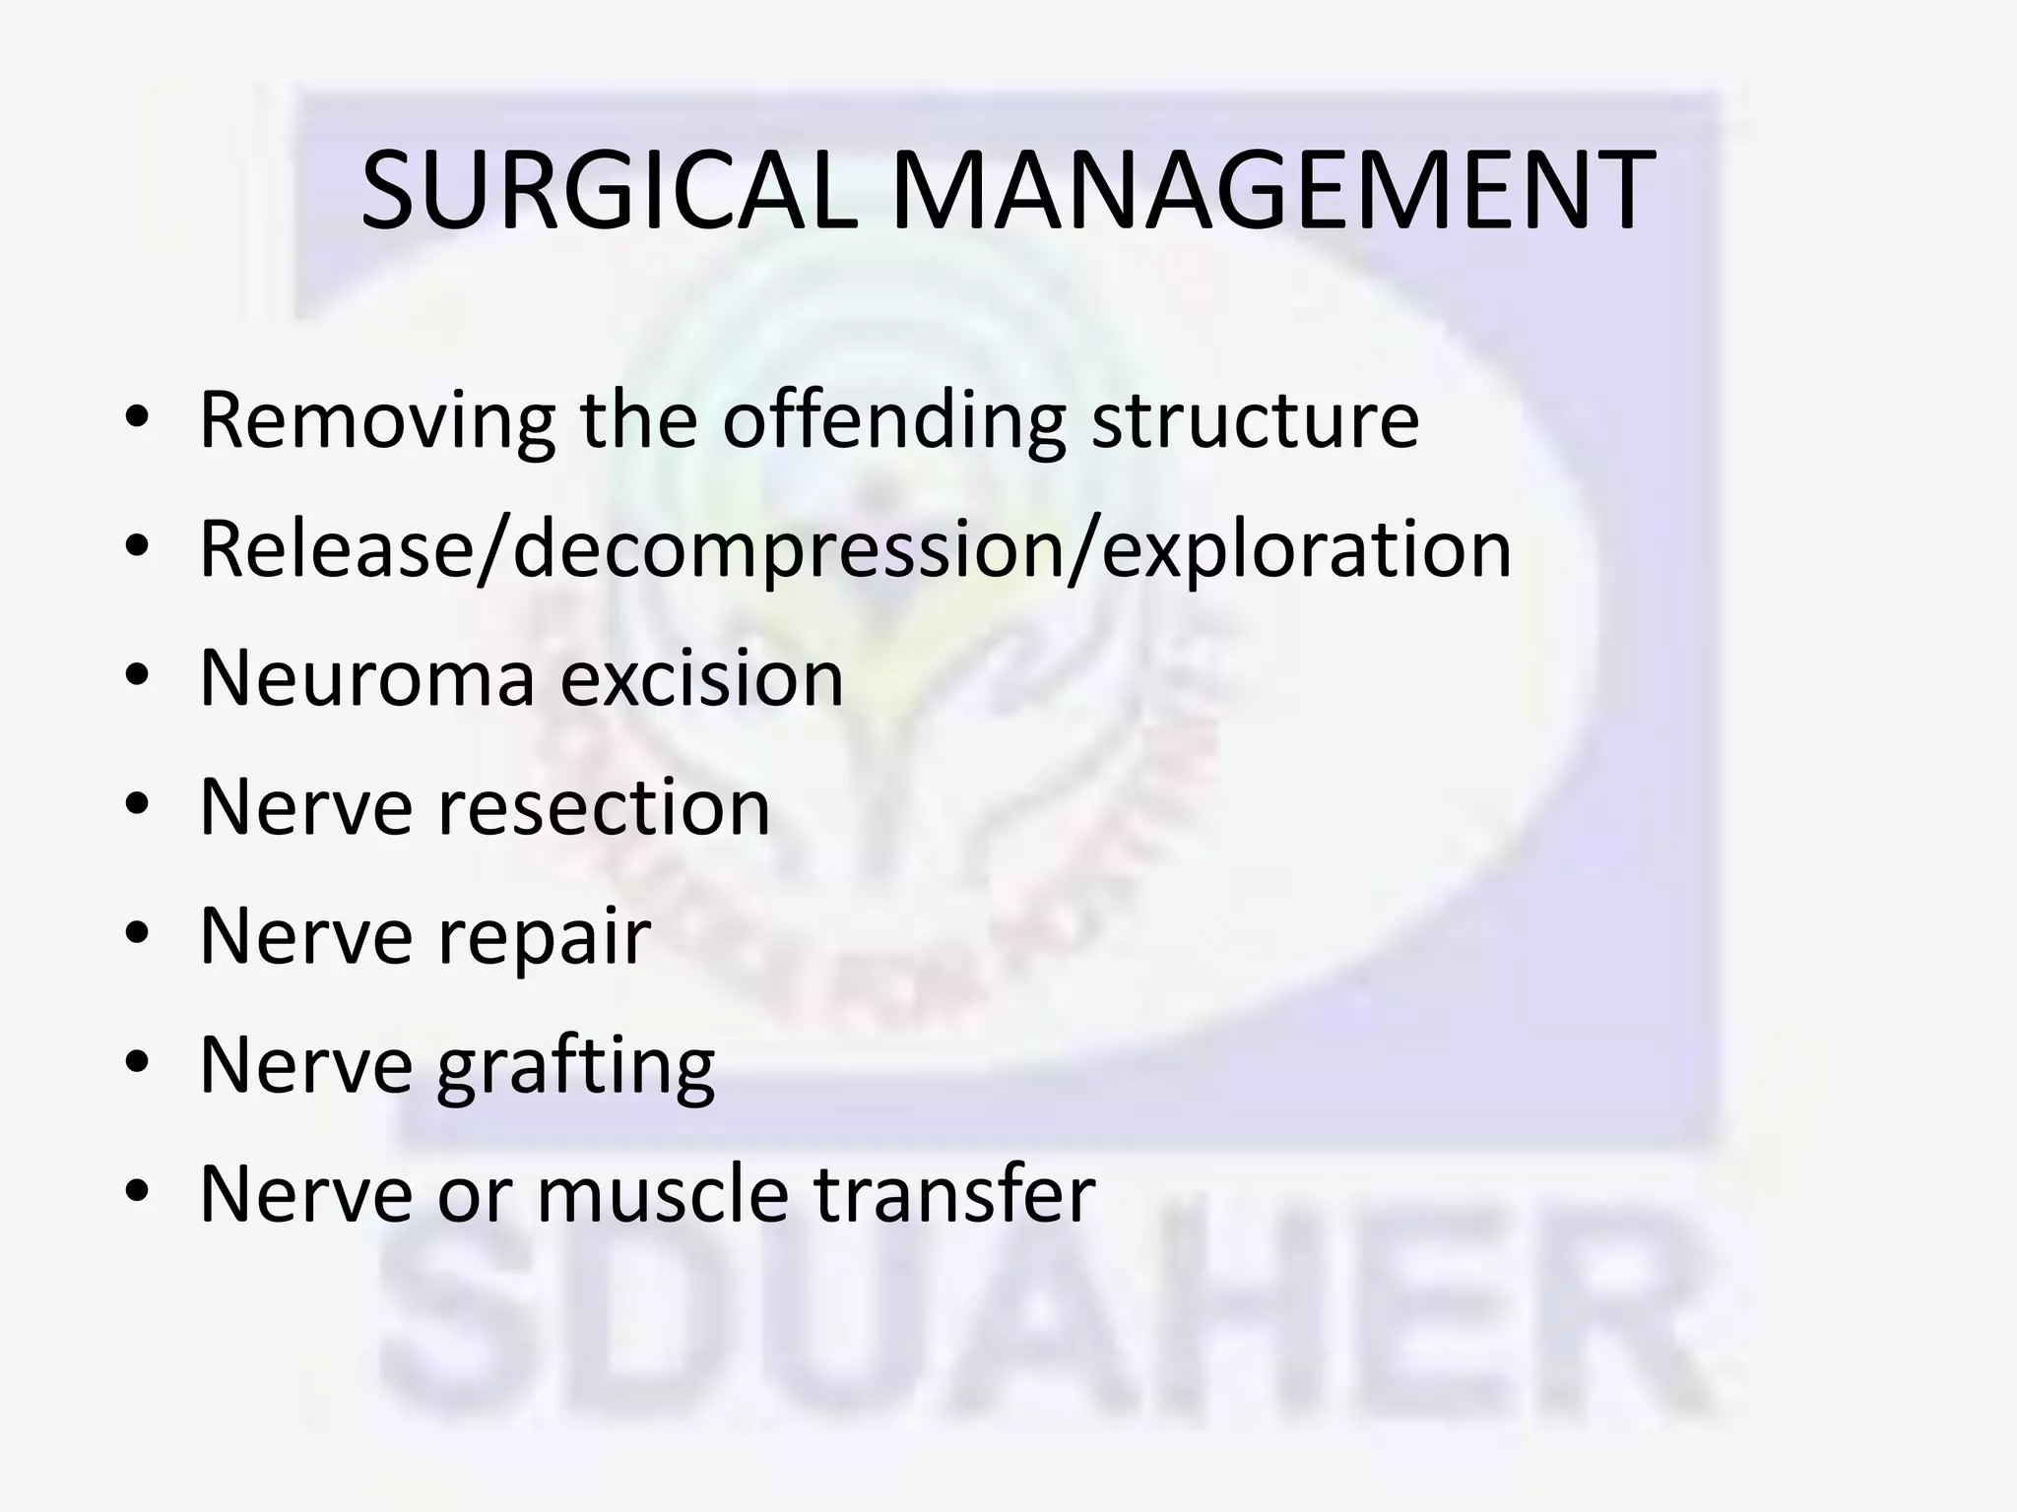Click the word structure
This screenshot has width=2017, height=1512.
pyautogui.click(x=1255, y=421)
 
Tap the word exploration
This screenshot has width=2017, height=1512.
pyautogui.click(x=1306, y=550)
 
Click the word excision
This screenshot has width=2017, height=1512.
pyautogui.click(x=702, y=678)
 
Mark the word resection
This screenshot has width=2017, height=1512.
pyautogui.click(x=603, y=807)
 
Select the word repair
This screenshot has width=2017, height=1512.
pyautogui.click(x=544, y=937)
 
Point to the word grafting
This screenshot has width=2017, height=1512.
pyautogui.click(x=575, y=1066)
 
